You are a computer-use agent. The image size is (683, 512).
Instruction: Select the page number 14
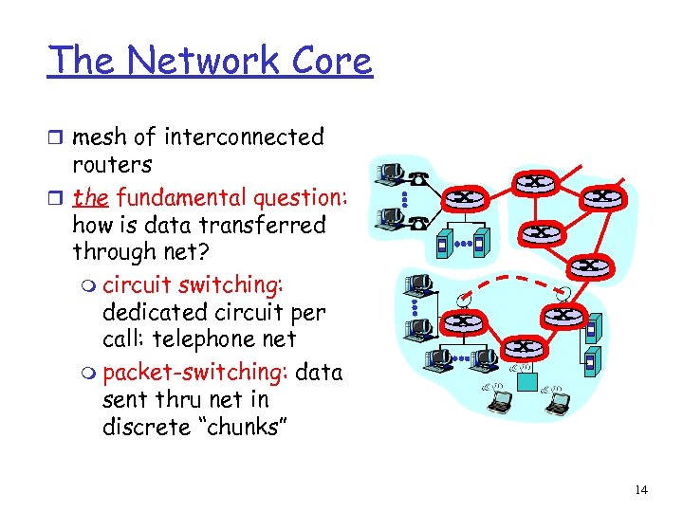point(640,489)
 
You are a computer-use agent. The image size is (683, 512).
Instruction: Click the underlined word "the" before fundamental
point(90,198)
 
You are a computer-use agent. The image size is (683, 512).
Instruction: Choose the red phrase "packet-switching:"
point(195,372)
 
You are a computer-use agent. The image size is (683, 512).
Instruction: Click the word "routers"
point(112,164)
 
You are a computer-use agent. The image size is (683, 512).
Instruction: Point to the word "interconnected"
point(244,137)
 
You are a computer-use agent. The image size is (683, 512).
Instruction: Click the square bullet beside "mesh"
point(55,138)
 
